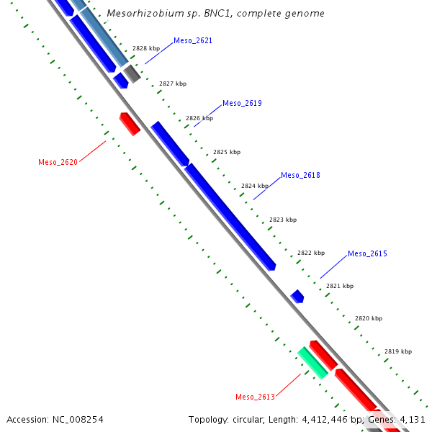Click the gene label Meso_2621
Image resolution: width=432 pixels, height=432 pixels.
point(193,41)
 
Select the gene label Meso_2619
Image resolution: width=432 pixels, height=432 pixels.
point(242,104)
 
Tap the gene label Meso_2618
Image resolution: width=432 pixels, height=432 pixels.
point(300,176)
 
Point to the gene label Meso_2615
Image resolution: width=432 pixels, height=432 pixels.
point(367,254)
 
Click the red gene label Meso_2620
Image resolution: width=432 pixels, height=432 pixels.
point(58,163)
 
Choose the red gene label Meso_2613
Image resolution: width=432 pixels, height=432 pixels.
point(255,397)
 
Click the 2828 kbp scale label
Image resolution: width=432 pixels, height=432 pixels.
point(146,48)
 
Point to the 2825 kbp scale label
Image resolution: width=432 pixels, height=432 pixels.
point(227,153)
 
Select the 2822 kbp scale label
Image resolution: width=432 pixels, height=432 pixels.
point(311,253)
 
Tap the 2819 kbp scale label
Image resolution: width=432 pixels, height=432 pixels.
point(397,352)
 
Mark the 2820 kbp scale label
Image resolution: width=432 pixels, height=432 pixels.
point(368,318)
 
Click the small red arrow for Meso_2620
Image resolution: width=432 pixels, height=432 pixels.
point(130,124)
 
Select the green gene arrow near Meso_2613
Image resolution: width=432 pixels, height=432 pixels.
point(313,362)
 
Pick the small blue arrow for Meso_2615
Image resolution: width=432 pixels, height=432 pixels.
point(297,296)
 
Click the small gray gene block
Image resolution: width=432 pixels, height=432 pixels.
point(132,73)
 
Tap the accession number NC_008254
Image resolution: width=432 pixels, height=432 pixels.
point(76,419)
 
